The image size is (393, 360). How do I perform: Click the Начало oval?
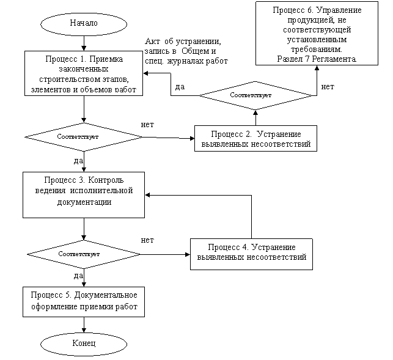click(84, 24)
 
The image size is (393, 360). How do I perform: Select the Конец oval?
click(84, 344)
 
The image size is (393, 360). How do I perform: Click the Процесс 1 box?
click(84, 73)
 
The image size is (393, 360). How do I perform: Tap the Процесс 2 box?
click(255, 139)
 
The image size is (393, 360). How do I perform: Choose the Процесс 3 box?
click(84, 194)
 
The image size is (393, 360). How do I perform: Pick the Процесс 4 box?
click(252, 253)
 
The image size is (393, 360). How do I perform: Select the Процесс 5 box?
click(84, 301)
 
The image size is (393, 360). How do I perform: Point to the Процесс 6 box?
click(317, 34)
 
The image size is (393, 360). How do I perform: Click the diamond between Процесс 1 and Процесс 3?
click(84, 136)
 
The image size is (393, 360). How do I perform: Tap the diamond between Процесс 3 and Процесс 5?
click(84, 254)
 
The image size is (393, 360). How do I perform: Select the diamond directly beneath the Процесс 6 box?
click(255, 95)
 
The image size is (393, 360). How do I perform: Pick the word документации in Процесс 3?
click(84, 201)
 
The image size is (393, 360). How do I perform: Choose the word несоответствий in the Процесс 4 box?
click(277, 257)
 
